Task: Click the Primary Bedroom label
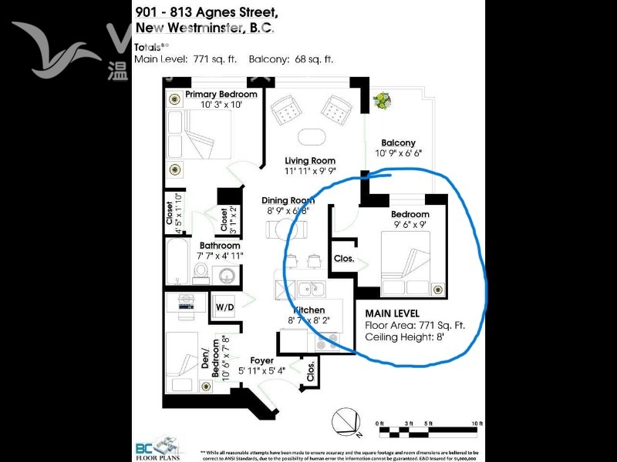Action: click(221, 95)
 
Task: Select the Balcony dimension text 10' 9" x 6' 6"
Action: click(398, 153)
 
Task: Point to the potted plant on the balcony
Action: click(381, 101)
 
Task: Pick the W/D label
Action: click(224, 307)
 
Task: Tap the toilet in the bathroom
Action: click(200, 272)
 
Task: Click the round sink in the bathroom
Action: click(227, 275)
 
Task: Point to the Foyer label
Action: click(261, 360)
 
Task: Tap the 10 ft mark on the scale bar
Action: click(478, 423)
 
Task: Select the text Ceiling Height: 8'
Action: click(405, 336)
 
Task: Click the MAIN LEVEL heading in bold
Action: click(392, 314)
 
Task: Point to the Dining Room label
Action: click(288, 199)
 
